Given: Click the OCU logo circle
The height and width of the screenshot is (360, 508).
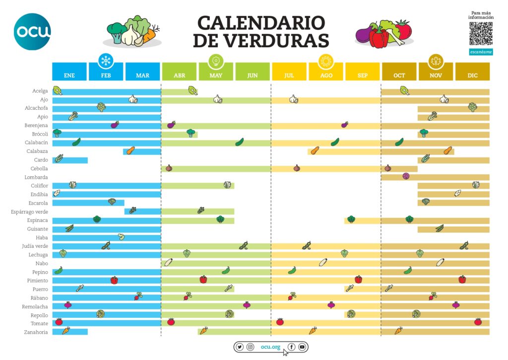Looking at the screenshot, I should click(32, 32).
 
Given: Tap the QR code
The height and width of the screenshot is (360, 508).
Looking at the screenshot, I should click(481, 34).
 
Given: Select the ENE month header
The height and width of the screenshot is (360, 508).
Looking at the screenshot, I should click(69, 75).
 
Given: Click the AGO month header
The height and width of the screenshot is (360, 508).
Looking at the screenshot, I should click(326, 75).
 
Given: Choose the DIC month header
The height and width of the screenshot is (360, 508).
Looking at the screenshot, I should click(472, 75).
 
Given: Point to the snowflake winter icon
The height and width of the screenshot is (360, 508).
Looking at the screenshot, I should click(106, 61).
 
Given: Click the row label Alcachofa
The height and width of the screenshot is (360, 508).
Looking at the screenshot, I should click(36, 108).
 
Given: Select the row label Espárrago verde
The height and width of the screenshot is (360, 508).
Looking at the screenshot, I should click(30, 212).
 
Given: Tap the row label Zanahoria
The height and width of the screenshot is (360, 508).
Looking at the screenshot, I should click(36, 332).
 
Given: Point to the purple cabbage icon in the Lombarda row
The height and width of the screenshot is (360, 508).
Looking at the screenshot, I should click(406, 176).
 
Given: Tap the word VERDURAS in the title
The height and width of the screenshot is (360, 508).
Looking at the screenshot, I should click(261, 40).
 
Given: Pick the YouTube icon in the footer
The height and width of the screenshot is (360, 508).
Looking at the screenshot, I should click(302, 347).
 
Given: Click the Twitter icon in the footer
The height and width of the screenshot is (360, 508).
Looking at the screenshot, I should click(240, 347).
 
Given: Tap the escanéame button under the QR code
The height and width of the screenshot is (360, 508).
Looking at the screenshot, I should click(481, 52).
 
